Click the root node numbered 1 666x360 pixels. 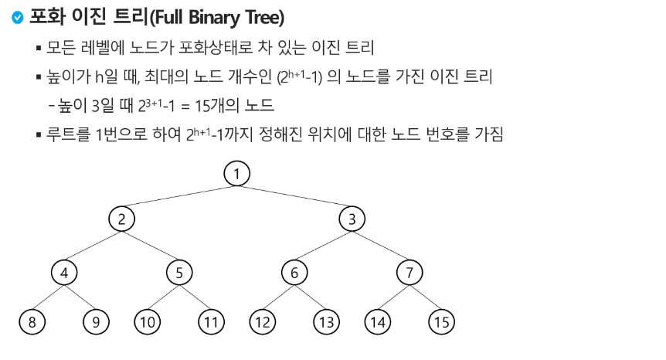pos(237,174)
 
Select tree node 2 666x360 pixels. pos(121,219)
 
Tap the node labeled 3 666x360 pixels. pos(352,219)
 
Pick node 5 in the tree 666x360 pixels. pos(178,273)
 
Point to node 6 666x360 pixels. pos(294,273)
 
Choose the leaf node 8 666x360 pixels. pos(32,322)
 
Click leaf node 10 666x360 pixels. pos(147,322)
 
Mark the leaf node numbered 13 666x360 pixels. pos(327,322)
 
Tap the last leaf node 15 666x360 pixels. pos(441,322)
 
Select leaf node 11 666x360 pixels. pos(209,322)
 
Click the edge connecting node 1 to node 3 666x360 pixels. pos(294,196)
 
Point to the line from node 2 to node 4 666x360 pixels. pos(93,246)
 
